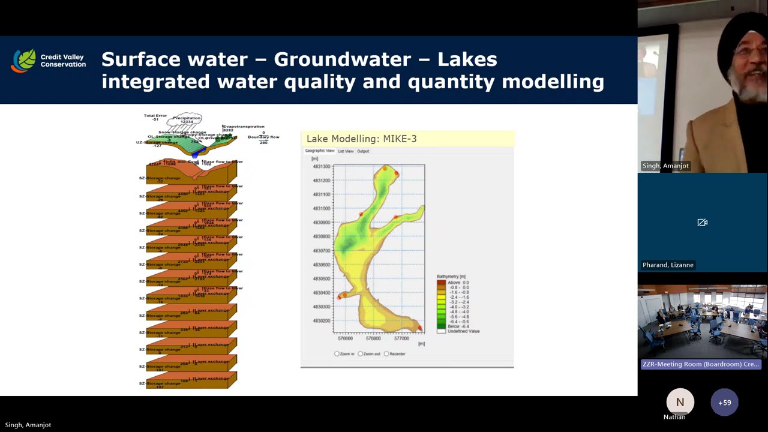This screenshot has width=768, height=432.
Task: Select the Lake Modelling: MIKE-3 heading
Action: [361, 139]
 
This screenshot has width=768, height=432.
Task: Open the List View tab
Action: [346, 151]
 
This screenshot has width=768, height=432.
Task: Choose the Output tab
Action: [363, 151]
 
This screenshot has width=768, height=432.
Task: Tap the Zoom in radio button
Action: [337, 354]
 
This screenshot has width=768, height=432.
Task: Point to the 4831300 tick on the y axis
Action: [322, 166]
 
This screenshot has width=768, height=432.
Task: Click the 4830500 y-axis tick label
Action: [322, 278]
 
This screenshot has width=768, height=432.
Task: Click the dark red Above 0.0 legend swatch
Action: [441, 282]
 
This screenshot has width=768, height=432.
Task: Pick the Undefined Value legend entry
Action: [463, 331]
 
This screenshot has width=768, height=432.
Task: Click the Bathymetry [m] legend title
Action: [451, 277]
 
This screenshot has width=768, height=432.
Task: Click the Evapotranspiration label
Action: [244, 127]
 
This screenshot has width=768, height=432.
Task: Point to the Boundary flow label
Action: [263, 137]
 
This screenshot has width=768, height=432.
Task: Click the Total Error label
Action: [155, 115]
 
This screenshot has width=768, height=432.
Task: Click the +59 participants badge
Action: [724, 403]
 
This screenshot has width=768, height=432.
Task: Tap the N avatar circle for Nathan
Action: [680, 403]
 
